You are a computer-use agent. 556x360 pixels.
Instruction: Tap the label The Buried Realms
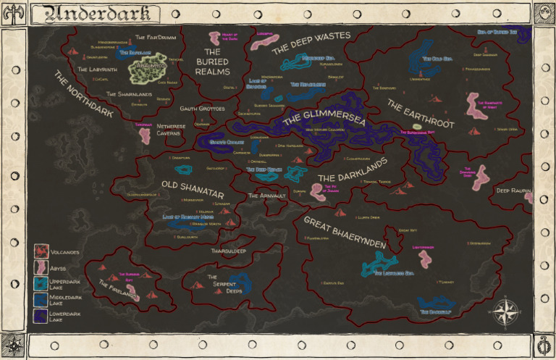click(212, 62)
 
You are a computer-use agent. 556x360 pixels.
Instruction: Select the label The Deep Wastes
click(311, 43)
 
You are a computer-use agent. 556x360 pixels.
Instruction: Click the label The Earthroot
click(420, 114)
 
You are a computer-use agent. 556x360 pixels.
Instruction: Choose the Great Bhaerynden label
click(345, 233)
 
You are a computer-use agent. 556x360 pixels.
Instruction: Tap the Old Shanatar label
click(193, 189)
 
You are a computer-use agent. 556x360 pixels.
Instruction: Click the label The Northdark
click(84, 93)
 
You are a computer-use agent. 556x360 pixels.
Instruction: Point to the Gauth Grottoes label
click(203, 108)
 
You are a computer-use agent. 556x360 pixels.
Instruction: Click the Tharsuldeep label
click(229, 251)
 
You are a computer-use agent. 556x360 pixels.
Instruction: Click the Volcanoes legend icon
click(41, 253)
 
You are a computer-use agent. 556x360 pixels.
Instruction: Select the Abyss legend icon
click(41, 268)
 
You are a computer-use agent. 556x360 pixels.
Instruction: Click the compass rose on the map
click(506, 312)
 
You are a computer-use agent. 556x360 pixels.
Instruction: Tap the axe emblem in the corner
click(14, 12)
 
